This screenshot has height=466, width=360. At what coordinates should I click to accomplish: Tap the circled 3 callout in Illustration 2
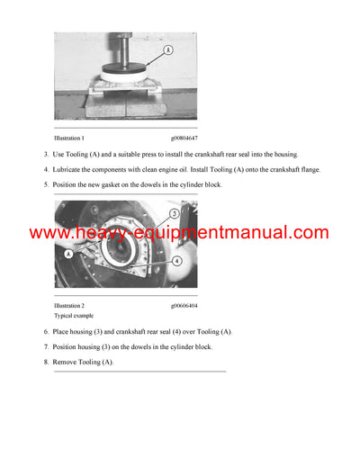(173, 213)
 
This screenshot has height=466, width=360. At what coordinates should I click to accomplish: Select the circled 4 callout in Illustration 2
(177, 261)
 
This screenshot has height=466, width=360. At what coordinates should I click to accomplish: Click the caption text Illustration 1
(69, 139)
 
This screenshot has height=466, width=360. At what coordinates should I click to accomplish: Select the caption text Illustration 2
(69, 306)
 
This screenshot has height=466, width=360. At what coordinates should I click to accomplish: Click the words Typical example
(74, 317)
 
